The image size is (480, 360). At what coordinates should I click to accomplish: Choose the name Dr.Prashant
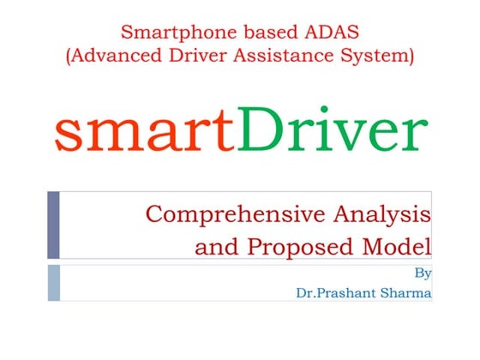[x=338, y=293]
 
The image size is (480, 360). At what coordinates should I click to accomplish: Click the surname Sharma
[x=406, y=293]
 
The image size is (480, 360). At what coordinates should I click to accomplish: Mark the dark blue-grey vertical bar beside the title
[x=53, y=225]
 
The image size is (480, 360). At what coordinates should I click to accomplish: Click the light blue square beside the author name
[x=53, y=283]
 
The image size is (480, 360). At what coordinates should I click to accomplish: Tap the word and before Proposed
[x=217, y=248]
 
